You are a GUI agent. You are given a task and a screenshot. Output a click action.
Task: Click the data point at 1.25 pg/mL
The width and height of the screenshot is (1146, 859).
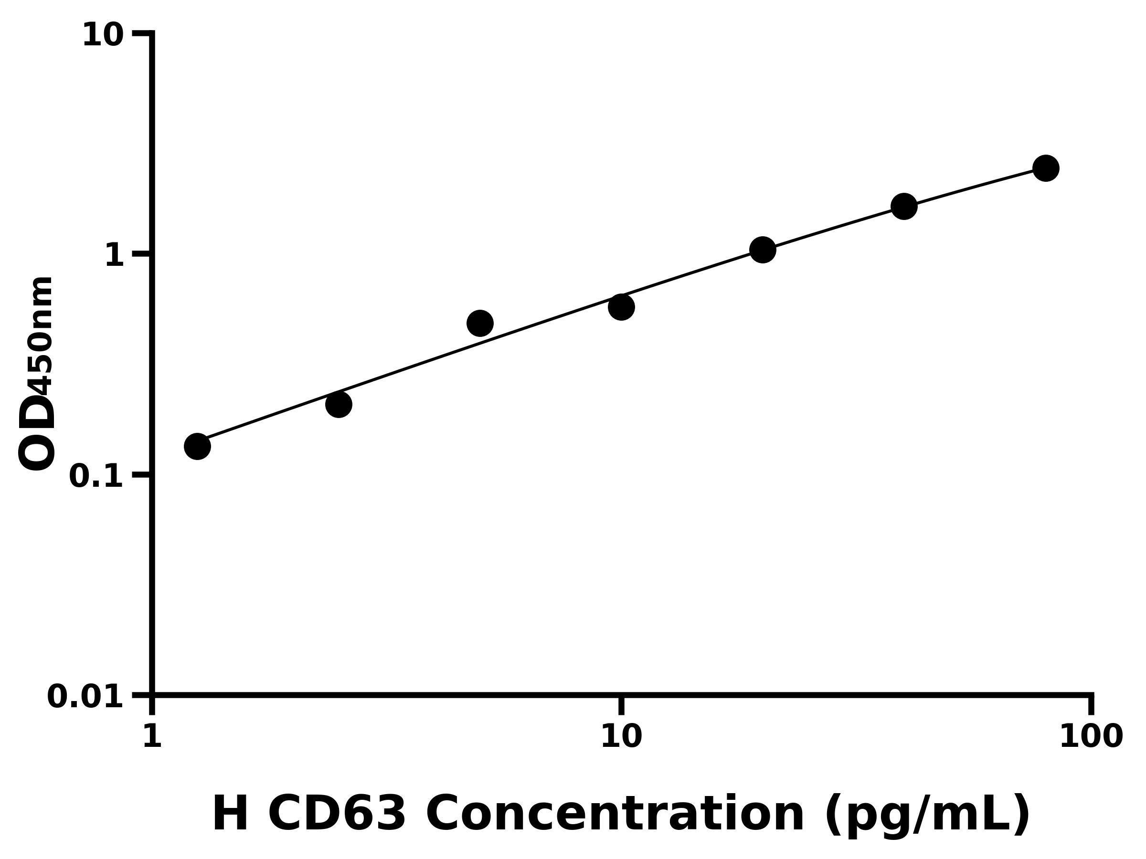197,446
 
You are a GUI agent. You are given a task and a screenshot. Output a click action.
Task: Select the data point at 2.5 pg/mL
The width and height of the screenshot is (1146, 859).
339,404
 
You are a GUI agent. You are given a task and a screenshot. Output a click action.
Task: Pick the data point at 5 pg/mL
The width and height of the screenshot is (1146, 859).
480,323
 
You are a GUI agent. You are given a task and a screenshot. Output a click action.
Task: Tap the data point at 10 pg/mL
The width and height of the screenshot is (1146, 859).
622,307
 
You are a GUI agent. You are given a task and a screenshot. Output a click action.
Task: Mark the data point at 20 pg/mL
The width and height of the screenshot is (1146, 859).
763,250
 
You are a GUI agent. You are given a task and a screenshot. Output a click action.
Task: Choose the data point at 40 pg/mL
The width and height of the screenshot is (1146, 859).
904,207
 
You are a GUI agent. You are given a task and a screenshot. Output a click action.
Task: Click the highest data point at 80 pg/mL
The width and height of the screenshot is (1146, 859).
1046,168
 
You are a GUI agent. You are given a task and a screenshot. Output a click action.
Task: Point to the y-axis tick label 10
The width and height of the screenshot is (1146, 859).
103,36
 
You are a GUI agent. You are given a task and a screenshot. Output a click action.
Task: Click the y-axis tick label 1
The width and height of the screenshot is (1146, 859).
115,256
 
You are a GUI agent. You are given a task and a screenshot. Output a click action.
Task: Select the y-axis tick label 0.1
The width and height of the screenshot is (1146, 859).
96,476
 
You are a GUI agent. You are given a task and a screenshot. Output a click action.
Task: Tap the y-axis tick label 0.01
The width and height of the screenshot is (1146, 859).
85,697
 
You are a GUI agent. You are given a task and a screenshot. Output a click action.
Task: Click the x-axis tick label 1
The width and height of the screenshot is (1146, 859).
152,737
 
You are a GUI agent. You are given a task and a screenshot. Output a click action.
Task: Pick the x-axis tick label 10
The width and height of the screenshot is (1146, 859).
621,737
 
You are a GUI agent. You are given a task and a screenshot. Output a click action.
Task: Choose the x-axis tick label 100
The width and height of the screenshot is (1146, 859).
1091,737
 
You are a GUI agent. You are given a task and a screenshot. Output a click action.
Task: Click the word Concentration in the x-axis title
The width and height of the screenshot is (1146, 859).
615,815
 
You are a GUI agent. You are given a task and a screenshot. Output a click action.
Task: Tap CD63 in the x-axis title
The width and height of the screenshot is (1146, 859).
337,815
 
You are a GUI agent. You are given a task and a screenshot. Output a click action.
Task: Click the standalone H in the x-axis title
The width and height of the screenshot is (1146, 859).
231,815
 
